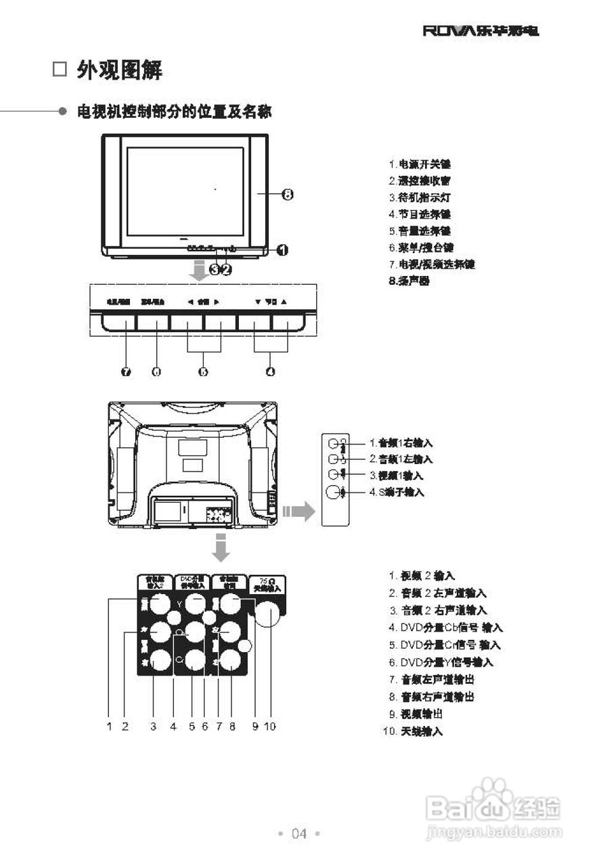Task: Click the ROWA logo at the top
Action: click(x=481, y=31)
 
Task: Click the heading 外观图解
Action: click(x=119, y=70)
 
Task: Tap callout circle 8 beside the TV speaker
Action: click(x=287, y=195)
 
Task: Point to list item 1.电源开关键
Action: click(x=419, y=164)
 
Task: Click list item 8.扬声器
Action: click(x=409, y=281)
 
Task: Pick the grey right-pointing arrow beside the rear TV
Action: click(x=298, y=512)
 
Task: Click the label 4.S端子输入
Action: click(x=397, y=493)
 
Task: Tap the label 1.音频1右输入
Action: click(x=401, y=443)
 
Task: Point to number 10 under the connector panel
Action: click(x=270, y=727)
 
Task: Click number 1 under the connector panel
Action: click(x=108, y=727)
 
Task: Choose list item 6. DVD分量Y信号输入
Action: click(x=441, y=662)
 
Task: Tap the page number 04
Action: click(x=299, y=834)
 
